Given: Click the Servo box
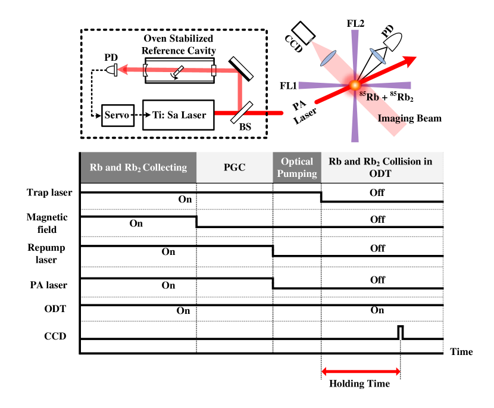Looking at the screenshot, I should (117, 115).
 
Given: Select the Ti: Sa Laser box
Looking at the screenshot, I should (178, 115).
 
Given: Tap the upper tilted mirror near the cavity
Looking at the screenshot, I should (242, 67).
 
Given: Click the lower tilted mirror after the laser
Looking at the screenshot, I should (242, 111).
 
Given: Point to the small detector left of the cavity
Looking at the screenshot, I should (111, 70).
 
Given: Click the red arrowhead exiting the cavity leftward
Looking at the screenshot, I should (122, 70).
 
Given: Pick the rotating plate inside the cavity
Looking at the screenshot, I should (176, 72).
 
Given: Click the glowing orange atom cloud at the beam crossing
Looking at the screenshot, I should (355, 85).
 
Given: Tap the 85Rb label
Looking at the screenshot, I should (370, 96).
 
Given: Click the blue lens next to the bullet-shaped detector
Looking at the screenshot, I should (377, 55).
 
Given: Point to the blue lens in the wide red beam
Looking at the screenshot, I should (327, 57).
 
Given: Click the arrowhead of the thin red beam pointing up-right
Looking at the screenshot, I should (411, 59).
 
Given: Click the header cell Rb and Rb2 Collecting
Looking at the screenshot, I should (138, 167).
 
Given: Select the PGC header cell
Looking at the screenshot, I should (235, 167).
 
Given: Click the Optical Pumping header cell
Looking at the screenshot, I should (297, 167).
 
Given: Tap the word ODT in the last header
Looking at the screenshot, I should (380, 173).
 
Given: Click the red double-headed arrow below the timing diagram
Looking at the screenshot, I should (361, 372).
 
